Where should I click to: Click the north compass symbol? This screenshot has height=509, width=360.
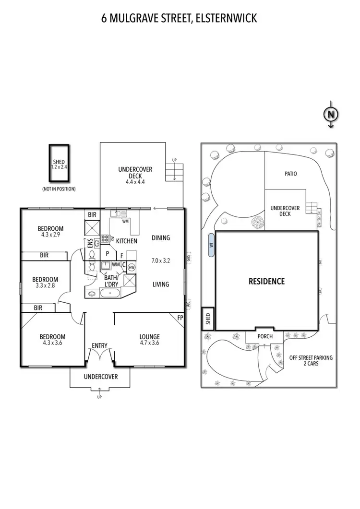tap(330, 114)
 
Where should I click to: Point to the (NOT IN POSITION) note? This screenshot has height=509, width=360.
tap(59, 189)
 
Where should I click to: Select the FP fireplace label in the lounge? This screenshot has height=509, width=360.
tap(180, 318)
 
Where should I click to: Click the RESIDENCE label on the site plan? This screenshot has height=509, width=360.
tap(266, 282)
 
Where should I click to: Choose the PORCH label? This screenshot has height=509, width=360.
tap(265, 336)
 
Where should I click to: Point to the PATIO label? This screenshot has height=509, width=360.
tap(291, 174)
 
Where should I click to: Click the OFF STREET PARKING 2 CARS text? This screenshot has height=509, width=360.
tap(311, 360)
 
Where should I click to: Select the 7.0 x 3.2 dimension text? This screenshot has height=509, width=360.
tap(161, 261)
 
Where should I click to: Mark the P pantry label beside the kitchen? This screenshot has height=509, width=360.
tap(108, 253)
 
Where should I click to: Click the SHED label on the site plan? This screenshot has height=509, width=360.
tap(208, 319)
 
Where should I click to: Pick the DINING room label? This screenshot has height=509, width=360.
tap(161, 238)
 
